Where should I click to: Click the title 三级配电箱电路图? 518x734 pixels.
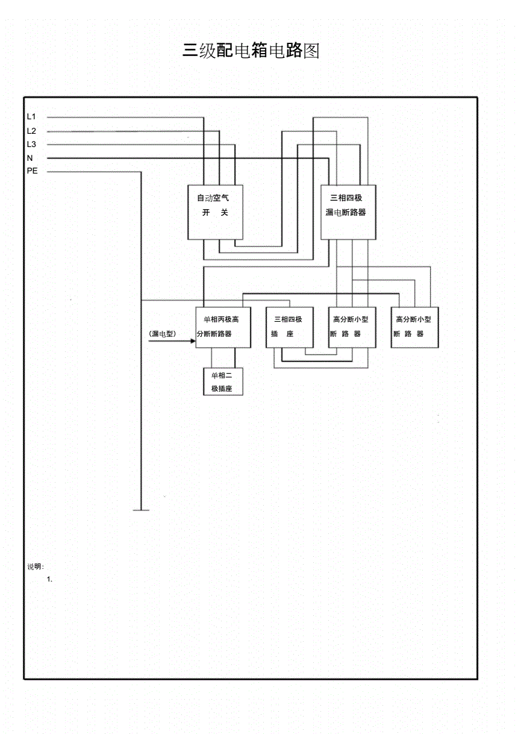[251, 51]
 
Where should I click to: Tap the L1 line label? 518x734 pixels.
[31, 117]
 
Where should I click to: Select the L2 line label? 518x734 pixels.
[31, 131]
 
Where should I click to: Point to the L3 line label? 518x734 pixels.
[31, 145]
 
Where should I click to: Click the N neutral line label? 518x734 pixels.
[30, 158]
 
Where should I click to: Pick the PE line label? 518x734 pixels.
[32, 171]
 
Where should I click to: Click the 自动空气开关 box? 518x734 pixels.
[216, 212]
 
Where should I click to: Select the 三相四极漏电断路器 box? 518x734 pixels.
[348, 212]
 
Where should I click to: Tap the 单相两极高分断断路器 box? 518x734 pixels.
[223, 327]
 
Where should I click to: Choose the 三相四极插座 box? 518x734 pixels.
[289, 327]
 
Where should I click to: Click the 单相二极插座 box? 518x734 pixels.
[223, 382]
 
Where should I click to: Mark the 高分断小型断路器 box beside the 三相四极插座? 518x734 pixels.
[352, 327]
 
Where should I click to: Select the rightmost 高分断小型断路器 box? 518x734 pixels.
[415, 327]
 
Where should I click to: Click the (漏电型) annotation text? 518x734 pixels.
[163, 333]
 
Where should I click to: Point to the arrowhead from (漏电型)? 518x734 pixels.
[193, 341]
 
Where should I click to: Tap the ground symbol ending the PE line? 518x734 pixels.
[141, 510]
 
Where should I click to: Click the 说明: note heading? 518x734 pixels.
[36, 566]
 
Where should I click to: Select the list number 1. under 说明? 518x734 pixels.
[50, 580]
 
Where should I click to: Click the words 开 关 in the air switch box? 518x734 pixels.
[215, 213]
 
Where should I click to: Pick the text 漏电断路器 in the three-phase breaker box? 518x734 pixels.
[346, 213]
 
